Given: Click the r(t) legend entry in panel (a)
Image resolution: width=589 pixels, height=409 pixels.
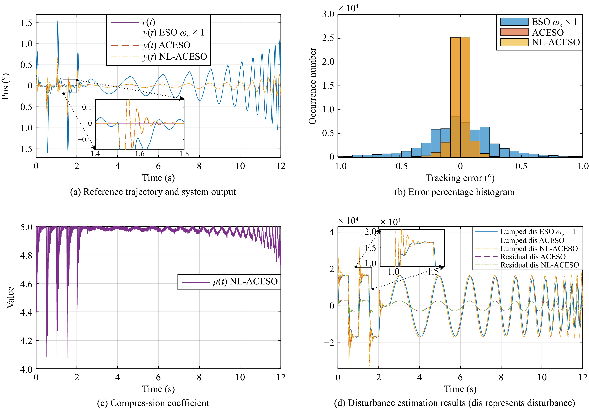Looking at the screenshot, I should pos(149,22).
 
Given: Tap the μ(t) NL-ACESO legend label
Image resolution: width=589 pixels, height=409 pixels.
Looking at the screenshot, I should pos(245,282).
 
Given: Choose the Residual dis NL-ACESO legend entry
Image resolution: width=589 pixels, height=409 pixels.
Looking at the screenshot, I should pos(539,265).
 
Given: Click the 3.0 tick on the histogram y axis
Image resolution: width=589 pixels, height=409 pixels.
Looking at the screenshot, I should pos(328,14).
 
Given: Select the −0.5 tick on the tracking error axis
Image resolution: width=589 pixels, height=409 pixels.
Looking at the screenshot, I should pos(399,166).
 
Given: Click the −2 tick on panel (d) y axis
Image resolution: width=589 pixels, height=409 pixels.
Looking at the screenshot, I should pos(329,343).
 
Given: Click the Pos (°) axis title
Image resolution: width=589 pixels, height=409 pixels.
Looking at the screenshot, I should pos(6,86).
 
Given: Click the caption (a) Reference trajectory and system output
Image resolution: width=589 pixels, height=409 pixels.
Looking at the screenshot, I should pos(153,192).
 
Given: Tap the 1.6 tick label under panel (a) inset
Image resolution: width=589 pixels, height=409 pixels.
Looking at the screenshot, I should pos(140,154).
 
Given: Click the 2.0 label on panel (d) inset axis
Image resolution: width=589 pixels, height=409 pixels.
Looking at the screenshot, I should pos(370,232).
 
